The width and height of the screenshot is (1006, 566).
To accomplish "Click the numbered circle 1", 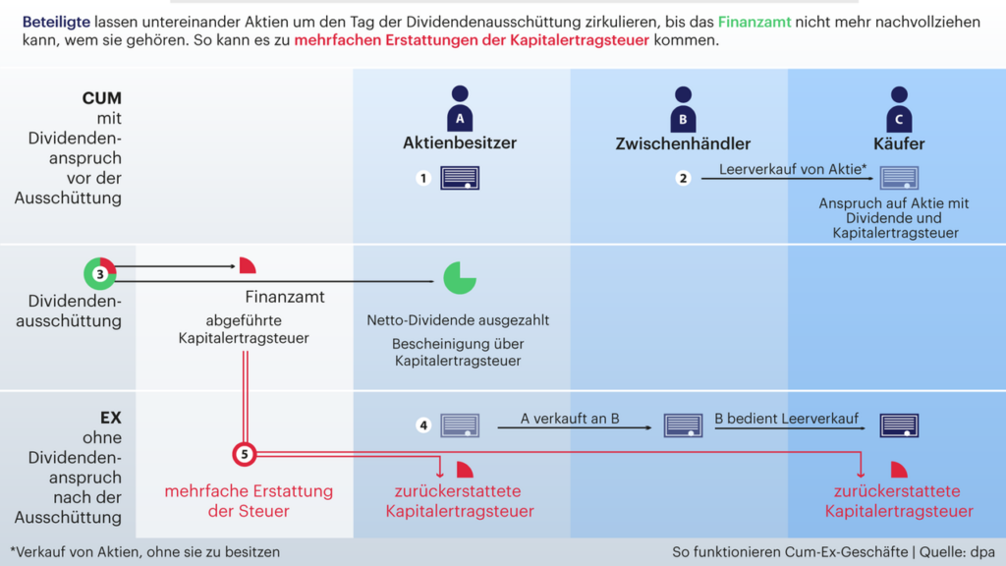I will [x=423, y=179].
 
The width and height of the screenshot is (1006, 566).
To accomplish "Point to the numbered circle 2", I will [x=683, y=179].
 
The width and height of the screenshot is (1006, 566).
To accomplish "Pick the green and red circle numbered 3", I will [x=100, y=274].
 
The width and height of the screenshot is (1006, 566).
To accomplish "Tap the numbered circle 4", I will [x=423, y=425].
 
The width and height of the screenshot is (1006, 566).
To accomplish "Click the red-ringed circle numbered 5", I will [x=245, y=454].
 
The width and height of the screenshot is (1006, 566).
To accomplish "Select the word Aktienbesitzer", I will [x=459, y=143].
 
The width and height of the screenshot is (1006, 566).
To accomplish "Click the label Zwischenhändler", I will [x=683, y=143].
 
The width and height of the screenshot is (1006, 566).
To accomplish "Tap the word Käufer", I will [x=899, y=143].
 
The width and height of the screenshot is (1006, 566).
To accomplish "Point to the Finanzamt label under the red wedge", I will [x=285, y=297].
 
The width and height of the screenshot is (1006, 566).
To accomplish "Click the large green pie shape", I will [x=459, y=278].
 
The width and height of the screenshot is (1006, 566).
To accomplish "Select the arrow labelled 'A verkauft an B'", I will [x=574, y=428].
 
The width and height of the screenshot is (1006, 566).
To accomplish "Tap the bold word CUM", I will [x=102, y=99].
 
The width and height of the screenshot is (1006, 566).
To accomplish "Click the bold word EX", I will [x=110, y=418].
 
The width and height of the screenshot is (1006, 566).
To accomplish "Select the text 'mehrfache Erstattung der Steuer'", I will [x=249, y=501].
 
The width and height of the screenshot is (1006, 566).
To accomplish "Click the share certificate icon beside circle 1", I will [x=459, y=178].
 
